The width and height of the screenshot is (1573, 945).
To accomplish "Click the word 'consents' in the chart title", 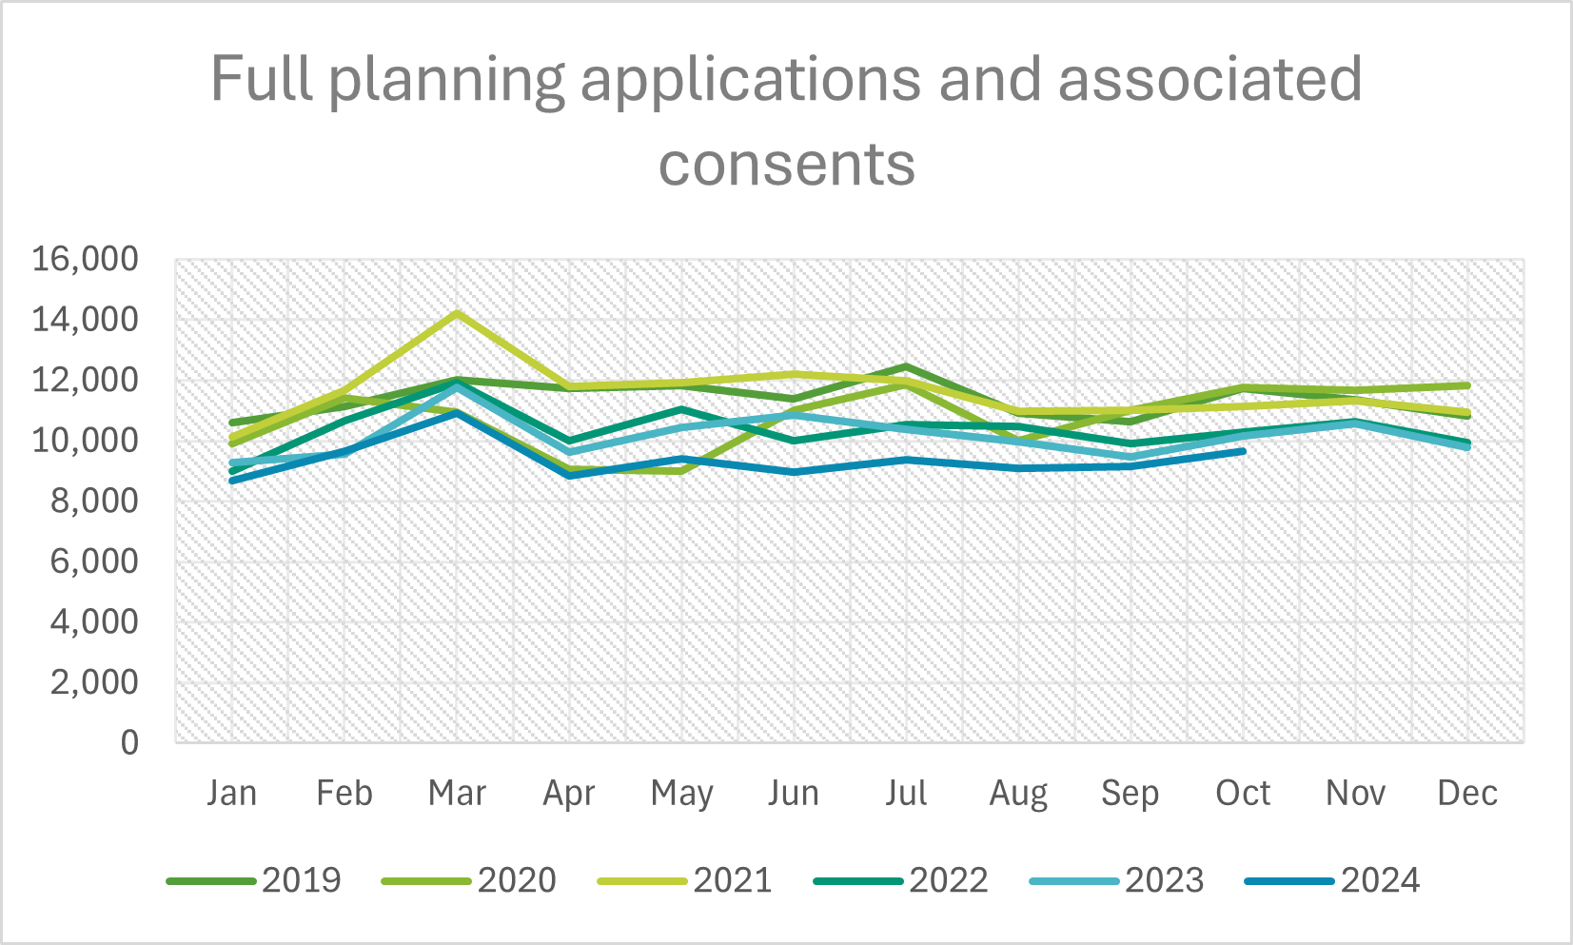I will tap(786, 164).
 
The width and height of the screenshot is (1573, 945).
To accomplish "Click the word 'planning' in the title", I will tap(447, 80).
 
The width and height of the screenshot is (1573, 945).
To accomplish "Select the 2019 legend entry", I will tap(254, 880).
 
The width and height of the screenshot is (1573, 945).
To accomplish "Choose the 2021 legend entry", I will tap(685, 880).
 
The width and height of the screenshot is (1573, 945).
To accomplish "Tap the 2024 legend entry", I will tap(1332, 880).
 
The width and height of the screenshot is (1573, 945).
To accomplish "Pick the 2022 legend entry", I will tap(901, 880).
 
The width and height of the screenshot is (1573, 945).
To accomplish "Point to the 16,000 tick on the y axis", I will tap(86, 259).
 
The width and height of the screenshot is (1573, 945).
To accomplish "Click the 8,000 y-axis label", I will tap(93, 501).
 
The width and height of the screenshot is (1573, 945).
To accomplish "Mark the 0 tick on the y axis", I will tap(129, 742).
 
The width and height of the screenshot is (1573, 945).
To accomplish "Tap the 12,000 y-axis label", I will tap(86, 380).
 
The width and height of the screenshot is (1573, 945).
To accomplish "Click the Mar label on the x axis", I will tap(457, 793).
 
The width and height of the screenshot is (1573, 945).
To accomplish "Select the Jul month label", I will tap(906, 793).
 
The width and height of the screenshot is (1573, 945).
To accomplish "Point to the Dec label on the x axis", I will tap(1467, 793).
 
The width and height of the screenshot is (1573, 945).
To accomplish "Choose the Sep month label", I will tap(1131, 793).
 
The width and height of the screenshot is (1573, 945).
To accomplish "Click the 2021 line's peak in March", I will tap(458, 313).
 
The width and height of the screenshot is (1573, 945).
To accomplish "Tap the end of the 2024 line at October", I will tap(1243, 451).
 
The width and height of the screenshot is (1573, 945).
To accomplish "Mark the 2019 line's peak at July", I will tap(907, 366).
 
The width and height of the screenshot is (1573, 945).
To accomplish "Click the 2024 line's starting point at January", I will tap(233, 480).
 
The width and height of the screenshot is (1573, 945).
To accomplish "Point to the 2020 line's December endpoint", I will tap(1467, 385).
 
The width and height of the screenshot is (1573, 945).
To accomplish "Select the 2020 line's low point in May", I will tap(682, 470).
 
